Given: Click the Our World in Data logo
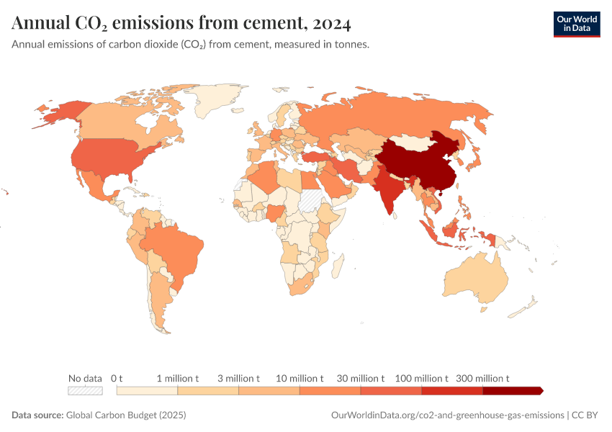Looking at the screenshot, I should click(x=576, y=23).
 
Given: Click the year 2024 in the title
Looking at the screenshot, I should click(x=331, y=24).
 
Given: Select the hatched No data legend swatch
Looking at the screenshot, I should click(x=85, y=391).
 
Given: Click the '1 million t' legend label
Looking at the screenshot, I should click(x=177, y=378).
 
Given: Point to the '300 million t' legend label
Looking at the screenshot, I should click(x=482, y=378).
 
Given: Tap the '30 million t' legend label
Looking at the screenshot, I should click(x=361, y=378).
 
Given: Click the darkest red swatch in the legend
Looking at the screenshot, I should click(x=511, y=391).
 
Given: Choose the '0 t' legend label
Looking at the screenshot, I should click(x=117, y=378).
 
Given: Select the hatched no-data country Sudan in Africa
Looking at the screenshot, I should click(x=313, y=199).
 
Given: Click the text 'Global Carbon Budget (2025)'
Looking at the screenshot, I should click(x=126, y=415).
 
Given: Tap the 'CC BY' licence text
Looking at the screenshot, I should click(x=587, y=415).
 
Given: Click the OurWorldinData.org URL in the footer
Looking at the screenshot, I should click(x=447, y=415).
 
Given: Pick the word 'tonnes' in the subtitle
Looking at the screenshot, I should click(x=351, y=45).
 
